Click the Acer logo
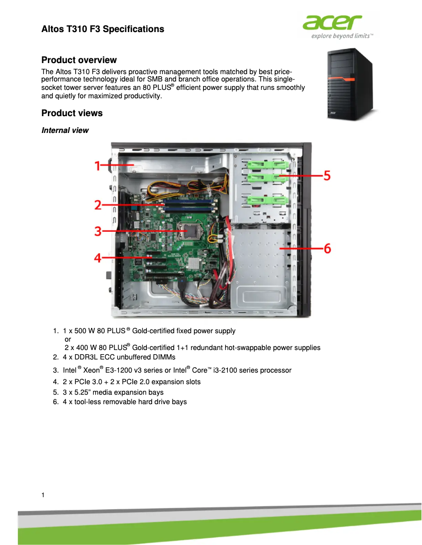coord(332,23)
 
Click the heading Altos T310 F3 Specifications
coord(103,29)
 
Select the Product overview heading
coord(79,60)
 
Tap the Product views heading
coord(72,113)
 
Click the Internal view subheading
coord(65,130)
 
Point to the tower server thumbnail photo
coord(350,85)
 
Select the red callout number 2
coord(98,205)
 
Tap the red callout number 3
coord(98,231)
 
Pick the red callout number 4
coord(98,258)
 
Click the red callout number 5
coord(327,175)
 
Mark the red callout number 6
coord(327,248)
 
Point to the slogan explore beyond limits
coord(342,36)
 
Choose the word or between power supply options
coord(67,340)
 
